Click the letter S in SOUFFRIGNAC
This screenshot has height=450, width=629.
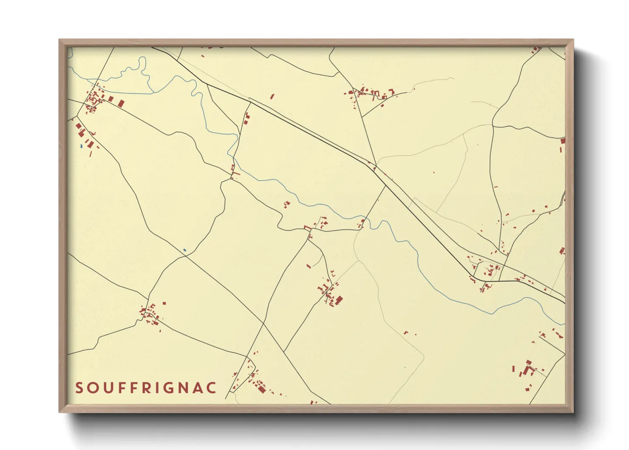79,388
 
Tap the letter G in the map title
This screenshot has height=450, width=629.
170,388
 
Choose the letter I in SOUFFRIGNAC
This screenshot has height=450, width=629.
158,388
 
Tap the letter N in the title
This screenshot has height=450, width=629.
185,388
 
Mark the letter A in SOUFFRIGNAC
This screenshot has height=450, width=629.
199,388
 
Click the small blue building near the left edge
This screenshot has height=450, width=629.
81,146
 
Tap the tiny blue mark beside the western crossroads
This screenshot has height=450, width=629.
184,250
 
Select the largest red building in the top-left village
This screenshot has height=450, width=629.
121,103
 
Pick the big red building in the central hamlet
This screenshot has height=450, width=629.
339,301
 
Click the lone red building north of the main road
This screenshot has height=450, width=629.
272,97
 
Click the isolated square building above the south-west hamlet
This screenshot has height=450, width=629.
164,303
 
